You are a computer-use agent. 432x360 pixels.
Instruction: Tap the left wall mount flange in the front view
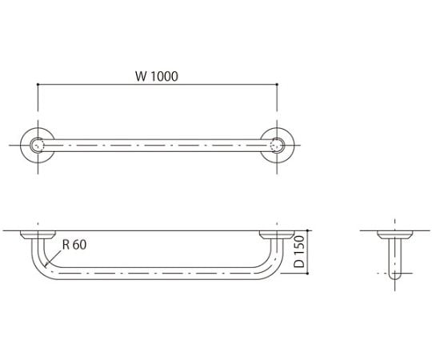[37, 235]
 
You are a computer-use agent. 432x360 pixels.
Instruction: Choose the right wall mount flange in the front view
[277, 235]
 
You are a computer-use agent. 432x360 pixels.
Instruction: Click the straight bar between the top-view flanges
[157, 146]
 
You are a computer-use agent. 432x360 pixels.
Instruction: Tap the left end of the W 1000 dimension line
[38, 85]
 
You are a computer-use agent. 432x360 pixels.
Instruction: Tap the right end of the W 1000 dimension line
[277, 85]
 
